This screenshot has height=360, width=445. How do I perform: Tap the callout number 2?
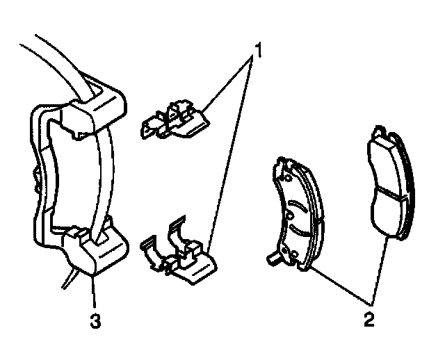click(369, 320)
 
